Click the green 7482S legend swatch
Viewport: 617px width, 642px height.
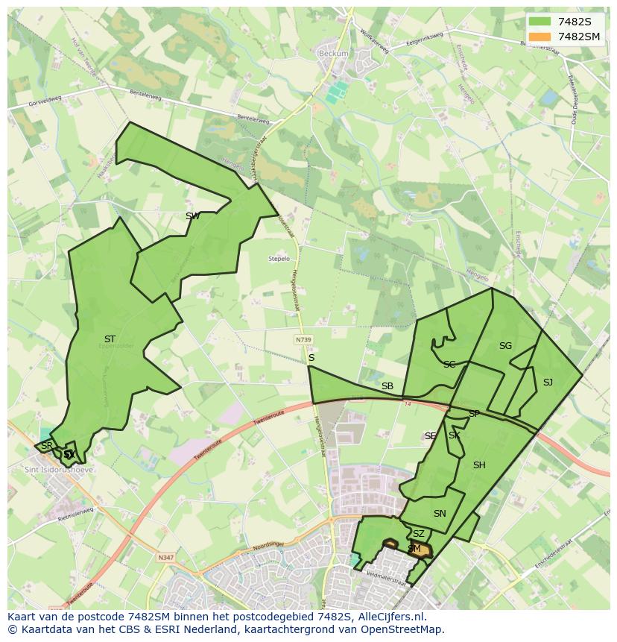click(x=540, y=22)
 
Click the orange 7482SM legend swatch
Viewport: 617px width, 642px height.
click(x=540, y=37)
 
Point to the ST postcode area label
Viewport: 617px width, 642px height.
click(x=110, y=339)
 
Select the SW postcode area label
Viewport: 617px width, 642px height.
click(x=192, y=216)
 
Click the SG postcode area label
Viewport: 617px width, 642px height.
click(x=505, y=346)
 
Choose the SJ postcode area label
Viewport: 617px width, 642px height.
click(x=548, y=383)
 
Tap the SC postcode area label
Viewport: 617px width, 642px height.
click(x=449, y=365)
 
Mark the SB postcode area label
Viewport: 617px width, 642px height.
click(x=387, y=386)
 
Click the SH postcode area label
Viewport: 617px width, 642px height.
click(x=479, y=465)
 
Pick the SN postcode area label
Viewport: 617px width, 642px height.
click(x=440, y=514)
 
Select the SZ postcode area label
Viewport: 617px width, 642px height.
click(x=418, y=534)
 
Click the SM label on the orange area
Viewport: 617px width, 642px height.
click(x=414, y=549)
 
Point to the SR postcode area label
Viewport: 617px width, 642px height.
click(x=47, y=446)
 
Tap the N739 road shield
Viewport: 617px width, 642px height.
click(x=303, y=339)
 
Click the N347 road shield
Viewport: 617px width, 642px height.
click(x=165, y=556)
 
